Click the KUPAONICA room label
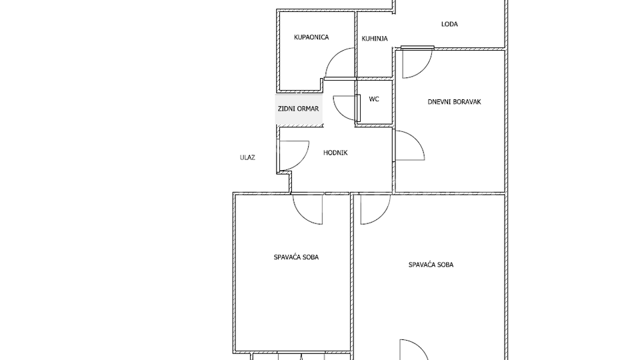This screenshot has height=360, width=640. (311, 37)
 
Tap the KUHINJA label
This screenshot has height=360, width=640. (375, 39)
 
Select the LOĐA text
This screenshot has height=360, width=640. (449, 25)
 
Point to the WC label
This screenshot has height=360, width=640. (374, 99)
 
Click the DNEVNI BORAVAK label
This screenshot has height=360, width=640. (454, 102)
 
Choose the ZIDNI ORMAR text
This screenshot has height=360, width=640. (298, 109)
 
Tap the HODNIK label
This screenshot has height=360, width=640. (335, 153)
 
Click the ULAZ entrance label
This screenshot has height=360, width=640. (248, 158)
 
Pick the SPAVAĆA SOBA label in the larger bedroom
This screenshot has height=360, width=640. (431, 265)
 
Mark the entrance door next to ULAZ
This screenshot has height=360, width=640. (294, 155)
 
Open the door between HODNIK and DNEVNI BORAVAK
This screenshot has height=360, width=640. (408, 146)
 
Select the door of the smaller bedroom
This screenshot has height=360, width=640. (308, 209)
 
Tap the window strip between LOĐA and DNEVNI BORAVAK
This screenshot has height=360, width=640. (417, 47)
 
